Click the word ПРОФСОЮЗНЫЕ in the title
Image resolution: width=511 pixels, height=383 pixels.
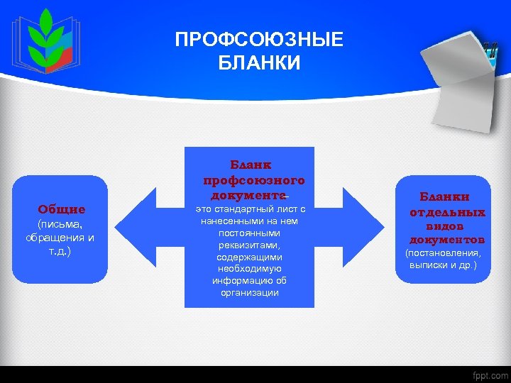259,39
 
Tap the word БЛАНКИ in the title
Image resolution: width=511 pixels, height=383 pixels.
259,63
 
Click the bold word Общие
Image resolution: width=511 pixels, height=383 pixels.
62,209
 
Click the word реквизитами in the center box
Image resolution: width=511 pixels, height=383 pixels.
249,245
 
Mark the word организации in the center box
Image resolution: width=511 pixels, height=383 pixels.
249,293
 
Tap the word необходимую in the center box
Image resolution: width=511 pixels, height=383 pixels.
249,269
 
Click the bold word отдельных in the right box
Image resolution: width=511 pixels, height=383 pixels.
447,212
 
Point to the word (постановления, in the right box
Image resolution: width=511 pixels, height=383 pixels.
442,253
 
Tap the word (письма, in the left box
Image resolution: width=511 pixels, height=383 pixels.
60,224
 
